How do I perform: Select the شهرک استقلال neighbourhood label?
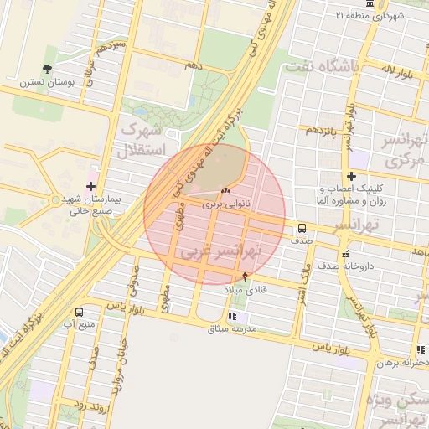147,140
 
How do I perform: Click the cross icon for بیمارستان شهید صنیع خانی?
91,186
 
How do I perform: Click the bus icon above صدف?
302,228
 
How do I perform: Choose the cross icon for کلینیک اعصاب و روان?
352,177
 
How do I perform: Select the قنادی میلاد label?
244,289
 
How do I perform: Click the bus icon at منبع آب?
79,312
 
